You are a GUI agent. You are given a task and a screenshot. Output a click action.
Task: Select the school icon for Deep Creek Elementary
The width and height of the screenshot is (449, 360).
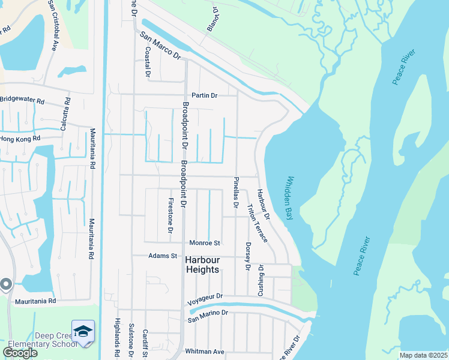pos(83,332)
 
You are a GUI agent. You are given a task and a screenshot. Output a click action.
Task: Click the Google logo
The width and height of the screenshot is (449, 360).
pos(20,353)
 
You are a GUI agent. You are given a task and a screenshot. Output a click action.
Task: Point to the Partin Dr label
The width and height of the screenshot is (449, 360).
pos(204,95)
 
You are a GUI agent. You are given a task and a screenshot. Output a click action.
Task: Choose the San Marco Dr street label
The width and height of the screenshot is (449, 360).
pos(160,44)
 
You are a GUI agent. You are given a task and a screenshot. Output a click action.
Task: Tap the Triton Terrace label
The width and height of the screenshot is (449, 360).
pos(257,223)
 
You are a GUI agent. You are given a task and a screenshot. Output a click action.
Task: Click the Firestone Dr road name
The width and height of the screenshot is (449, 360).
pos(170,215)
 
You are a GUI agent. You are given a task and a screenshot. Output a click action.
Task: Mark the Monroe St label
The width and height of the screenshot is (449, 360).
pos(205,243)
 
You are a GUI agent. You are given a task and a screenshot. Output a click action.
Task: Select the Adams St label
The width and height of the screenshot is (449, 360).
pos(163,256)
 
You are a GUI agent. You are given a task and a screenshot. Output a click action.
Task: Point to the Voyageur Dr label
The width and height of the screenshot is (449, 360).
pos(205,296)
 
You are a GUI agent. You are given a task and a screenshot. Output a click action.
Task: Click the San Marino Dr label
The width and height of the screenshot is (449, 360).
pos(208,315)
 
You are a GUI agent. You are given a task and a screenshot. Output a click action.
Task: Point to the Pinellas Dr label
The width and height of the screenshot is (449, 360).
pos(236,192)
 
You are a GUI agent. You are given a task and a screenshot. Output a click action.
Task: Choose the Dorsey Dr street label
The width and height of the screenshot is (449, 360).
pos(247,256)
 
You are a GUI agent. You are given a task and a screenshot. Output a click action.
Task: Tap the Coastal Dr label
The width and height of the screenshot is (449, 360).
pos(146,62)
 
